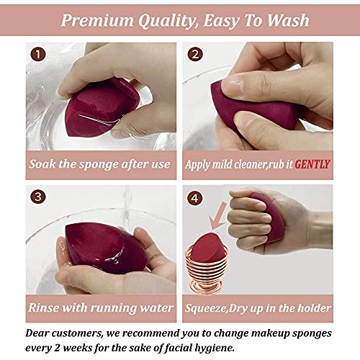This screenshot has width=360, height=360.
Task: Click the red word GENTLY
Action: pyautogui.click(x=311, y=164)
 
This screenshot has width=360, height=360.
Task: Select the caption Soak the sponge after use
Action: pyautogui.click(x=99, y=164)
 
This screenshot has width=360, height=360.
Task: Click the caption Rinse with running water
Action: pyautogui.click(x=99, y=308)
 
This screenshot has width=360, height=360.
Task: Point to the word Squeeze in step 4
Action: pyautogui.click(x=212, y=308)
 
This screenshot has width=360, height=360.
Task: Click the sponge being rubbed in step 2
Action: pyautogui.click(x=259, y=112)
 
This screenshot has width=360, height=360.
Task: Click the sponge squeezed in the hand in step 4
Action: pyautogui.click(x=269, y=216)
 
